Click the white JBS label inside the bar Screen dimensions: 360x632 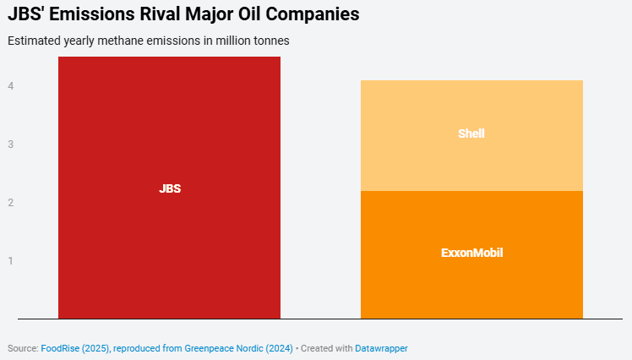point(170,188)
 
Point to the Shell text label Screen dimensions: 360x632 point(471,134)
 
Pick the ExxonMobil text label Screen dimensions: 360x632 point(471,253)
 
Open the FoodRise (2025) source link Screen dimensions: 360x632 point(74,348)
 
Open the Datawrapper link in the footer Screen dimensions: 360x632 point(381,348)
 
